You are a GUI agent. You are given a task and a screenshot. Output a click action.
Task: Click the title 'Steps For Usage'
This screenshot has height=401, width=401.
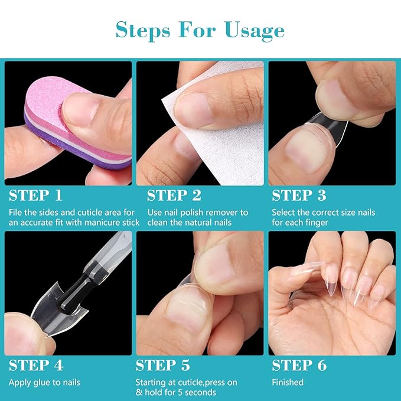(x=200, y=30)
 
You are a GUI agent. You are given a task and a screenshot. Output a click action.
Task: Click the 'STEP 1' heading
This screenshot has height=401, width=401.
(x=36, y=195)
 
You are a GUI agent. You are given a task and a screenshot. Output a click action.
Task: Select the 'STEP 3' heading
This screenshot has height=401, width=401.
(x=300, y=195)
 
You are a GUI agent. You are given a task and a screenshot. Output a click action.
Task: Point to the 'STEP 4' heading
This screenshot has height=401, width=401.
(x=36, y=366)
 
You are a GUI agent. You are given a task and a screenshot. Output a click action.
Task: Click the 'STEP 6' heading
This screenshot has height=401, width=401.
(x=300, y=366)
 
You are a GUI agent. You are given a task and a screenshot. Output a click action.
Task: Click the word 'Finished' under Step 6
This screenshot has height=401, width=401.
(x=288, y=382)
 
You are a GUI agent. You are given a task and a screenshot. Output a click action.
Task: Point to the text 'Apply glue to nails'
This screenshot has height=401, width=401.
(x=44, y=382)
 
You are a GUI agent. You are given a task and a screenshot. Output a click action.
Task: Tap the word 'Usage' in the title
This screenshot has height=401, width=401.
(x=255, y=30)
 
